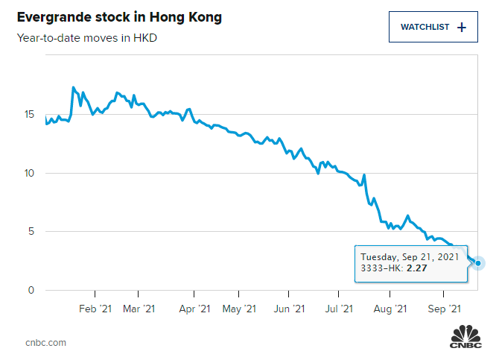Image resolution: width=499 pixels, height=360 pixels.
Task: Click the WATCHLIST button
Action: coord(433,28)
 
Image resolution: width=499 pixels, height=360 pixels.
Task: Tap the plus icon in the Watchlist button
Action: coord(462,28)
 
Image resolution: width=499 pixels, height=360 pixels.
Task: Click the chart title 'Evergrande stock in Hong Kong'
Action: coord(119,17)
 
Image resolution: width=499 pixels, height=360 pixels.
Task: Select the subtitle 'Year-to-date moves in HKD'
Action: coord(87,38)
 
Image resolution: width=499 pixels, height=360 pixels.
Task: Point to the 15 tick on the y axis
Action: coord(30,115)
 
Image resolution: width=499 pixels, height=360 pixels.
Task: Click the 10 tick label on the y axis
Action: coord(30,173)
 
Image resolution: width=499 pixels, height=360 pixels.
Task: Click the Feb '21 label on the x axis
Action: coord(95,309)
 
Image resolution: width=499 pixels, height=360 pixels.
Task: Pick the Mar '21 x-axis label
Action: coord(139,309)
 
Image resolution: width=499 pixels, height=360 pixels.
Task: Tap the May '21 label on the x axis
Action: coord(240,309)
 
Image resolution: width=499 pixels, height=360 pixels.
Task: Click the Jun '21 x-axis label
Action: coord(289,309)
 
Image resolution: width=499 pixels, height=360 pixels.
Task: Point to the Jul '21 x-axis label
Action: coord(340,309)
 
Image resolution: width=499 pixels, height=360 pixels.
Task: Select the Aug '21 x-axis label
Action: coord(390,309)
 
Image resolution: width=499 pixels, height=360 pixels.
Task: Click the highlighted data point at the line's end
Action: coord(478,263)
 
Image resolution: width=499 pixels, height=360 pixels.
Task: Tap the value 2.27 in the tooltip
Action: coord(416,268)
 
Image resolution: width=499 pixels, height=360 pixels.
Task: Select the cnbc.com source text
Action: coord(45,342)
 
